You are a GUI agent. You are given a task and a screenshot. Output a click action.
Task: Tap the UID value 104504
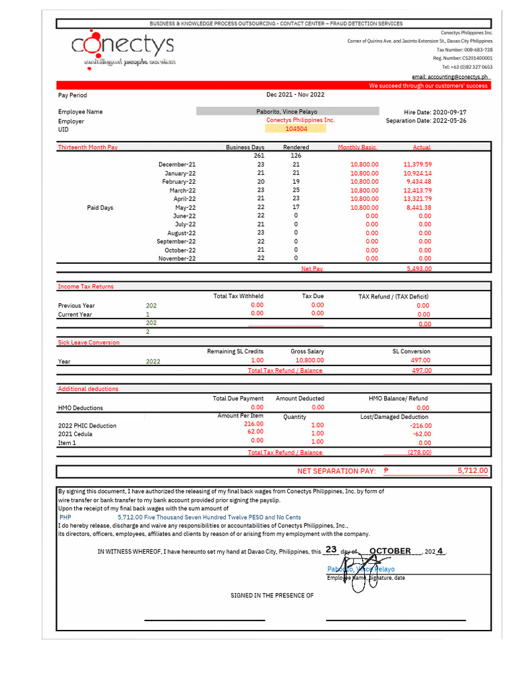[296, 129]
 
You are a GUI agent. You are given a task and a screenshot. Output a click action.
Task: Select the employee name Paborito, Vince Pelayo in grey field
[287, 112]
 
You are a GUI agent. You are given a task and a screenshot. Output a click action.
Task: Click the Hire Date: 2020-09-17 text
[436, 112]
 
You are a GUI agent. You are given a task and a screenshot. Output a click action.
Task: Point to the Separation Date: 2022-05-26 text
[426, 121]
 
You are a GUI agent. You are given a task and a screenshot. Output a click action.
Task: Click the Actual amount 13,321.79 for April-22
[417, 198]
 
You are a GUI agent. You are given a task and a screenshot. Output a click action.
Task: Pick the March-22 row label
[182, 190]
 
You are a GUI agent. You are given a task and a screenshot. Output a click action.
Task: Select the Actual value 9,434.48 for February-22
[418, 182]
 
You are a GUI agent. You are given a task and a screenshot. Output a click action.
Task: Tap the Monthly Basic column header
[357, 147]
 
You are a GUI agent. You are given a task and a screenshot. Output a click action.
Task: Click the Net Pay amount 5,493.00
[419, 269]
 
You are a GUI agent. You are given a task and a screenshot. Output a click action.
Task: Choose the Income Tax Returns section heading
[85, 287]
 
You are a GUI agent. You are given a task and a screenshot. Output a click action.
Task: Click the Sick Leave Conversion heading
[89, 343]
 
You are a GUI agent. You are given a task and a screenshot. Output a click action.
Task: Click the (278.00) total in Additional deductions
[419, 452]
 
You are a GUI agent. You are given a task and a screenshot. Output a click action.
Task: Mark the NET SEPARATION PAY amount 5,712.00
[473, 471]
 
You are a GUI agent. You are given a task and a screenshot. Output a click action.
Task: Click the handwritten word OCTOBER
[390, 551]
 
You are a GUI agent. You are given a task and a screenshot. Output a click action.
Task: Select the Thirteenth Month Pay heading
[88, 147]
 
